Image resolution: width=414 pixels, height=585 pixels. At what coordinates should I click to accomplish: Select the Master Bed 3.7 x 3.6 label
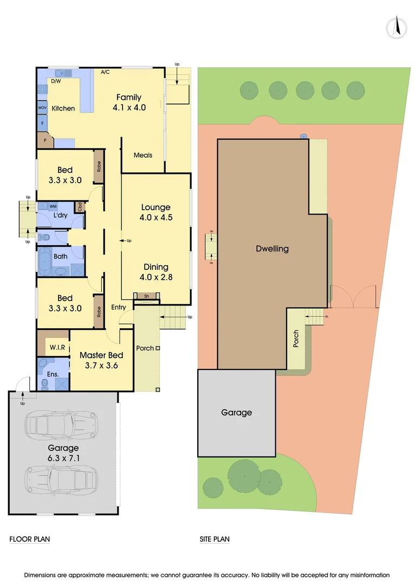(x=101, y=360)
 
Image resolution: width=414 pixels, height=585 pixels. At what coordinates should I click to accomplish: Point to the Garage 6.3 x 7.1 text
(x=63, y=453)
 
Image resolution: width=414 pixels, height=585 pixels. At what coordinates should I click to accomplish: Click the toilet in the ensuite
(x=45, y=385)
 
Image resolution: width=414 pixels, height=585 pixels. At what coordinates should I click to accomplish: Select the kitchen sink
(x=62, y=73)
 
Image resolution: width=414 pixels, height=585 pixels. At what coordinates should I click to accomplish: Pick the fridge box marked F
(x=42, y=123)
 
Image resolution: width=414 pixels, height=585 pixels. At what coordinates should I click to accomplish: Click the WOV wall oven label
(x=42, y=108)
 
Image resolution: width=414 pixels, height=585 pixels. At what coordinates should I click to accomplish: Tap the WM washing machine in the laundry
(x=53, y=206)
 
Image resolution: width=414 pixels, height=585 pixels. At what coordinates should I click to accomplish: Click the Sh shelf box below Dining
(x=146, y=296)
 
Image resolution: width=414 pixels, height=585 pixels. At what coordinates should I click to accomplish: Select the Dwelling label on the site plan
(x=272, y=249)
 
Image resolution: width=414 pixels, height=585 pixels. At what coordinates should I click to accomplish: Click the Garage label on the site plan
(x=236, y=413)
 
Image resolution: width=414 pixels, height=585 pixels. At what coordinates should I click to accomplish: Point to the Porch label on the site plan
(x=295, y=339)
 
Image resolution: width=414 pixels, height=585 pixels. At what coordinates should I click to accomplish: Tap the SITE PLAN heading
(x=215, y=539)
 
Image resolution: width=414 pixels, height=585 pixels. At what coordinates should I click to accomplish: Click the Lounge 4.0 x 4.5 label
(x=156, y=212)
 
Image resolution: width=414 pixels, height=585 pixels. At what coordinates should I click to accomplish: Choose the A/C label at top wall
(x=106, y=71)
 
